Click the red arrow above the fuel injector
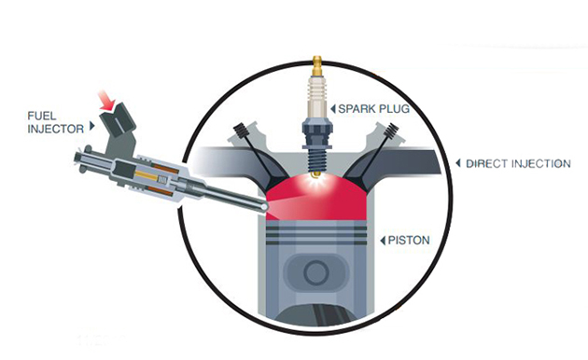coord(107,101)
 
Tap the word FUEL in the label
coord(42,116)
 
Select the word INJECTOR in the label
coord(56,129)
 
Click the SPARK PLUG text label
coord(373,108)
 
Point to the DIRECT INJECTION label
coord(518,164)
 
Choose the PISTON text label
coord(409,240)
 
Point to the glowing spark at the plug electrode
coord(317,179)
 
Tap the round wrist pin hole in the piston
coord(316,273)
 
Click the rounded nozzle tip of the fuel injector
coord(264,206)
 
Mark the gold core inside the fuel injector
coord(147,175)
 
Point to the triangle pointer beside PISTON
coord(383,241)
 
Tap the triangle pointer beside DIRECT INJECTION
coord(458,163)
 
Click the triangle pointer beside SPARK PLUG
coord(333,109)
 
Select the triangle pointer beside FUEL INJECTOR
coord(91,126)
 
